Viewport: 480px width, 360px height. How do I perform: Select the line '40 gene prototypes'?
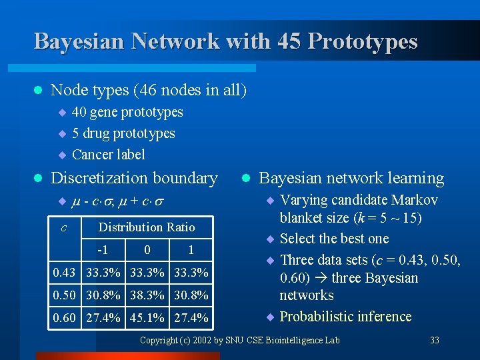127,112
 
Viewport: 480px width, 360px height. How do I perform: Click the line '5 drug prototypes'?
123,133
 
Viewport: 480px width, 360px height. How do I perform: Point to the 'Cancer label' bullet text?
108,155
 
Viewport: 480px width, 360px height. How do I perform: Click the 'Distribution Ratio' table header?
147,227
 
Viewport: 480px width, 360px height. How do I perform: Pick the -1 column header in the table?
103,250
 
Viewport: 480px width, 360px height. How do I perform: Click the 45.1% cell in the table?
146,318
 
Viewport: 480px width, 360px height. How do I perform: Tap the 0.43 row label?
65,273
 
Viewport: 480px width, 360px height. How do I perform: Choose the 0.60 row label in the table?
65,318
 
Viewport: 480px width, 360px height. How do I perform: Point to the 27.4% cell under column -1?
103,318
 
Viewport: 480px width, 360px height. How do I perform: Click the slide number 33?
435,340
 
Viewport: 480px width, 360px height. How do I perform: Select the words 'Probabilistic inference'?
345,316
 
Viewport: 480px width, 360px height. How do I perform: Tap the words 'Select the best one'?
334,239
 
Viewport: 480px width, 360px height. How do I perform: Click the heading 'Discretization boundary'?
134,178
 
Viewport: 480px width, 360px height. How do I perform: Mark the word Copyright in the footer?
159,340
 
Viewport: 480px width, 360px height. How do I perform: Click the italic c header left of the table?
63,227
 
